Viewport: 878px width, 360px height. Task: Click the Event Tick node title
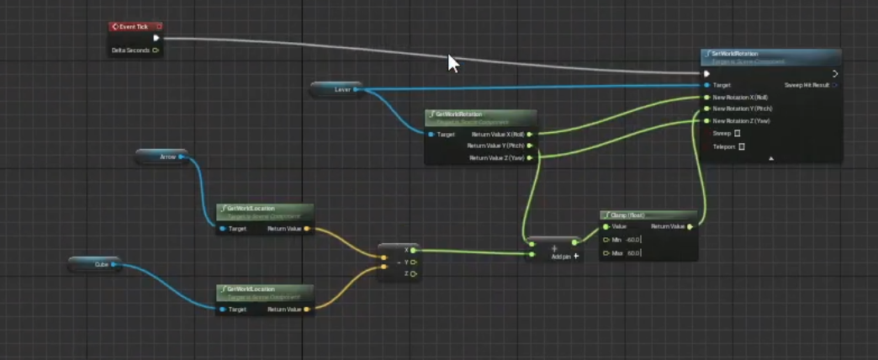click(x=132, y=27)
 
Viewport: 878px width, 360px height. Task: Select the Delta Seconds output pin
click(x=156, y=50)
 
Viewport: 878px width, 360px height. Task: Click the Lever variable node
click(x=337, y=89)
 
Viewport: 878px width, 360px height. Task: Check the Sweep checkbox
click(x=738, y=133)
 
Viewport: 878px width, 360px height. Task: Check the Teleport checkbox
click(x=742, y=146)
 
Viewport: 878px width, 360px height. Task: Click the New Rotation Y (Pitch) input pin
click(x=706, y=109)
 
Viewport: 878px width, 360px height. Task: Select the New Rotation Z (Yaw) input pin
click(x=706, y=121)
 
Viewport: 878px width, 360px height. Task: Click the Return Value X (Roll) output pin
click(x=529, y=134)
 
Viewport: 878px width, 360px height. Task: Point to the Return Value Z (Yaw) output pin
click(x=529, y=157)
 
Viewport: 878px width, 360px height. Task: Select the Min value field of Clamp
click(x=632, y=240)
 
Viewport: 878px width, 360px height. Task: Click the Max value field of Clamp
click(x=633, y=252)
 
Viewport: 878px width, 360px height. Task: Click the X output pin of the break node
click(x=413, y=250)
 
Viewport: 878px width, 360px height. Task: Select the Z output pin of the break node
click(x=413, y=273)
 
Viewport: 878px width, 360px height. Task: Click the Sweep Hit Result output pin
click(x=833, y=85)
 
